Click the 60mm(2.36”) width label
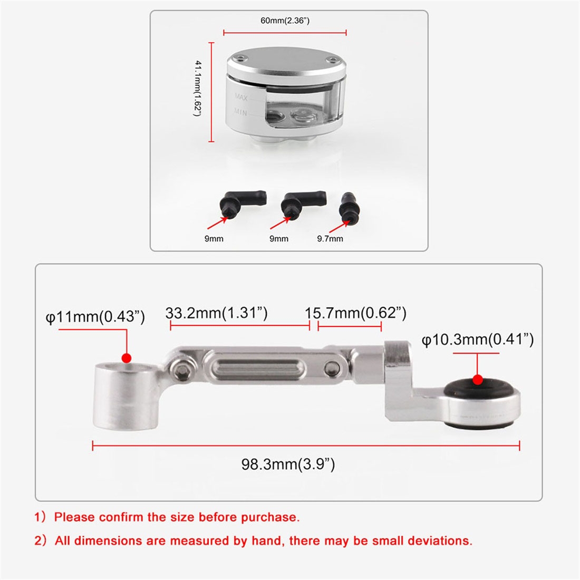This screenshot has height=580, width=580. pyautogui.click(x=285, y=21)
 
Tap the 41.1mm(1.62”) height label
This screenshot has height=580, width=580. pyautogui.click(x=198, y=89)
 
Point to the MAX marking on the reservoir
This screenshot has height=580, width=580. pyautogui.click(x=241, y=97)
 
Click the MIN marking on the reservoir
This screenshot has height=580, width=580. pyautogui.click(x=240, y=111)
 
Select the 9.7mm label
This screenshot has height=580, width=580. pyautogui.click(x=330, y=238)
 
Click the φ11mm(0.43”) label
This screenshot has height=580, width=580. pyautogui.click(x=95, y=317)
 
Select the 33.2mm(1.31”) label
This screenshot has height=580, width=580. pyautogui.click(x=216, y=313)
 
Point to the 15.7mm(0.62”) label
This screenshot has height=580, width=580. pyautogui.click(x=355, y=313)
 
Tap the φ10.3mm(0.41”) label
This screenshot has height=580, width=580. pyautogui.click(x=478, y=340)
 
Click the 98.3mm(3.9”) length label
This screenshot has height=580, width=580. pyautogui.click(x=288, y=464)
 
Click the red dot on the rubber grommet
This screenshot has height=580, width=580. pyautogui.click(x=478, y=380)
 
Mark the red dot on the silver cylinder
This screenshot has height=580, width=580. pyautogui.click(x=127, y=358)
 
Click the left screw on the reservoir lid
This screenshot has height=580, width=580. pyautogui.click(x=241, y=58)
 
